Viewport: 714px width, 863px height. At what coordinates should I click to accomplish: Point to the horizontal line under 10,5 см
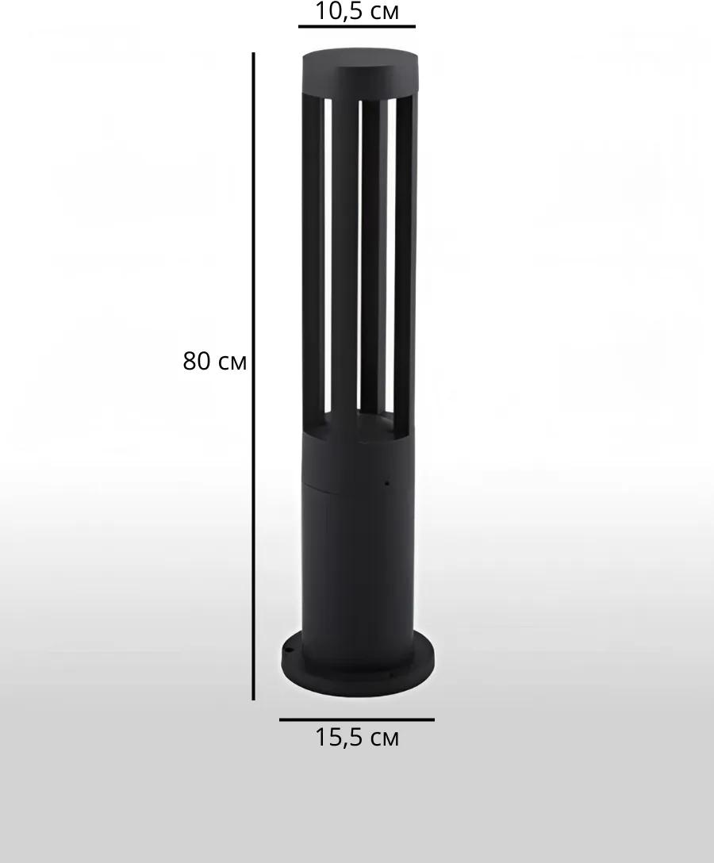[x=357, y=26]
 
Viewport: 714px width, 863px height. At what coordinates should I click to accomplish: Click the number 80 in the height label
[x=197, y=362]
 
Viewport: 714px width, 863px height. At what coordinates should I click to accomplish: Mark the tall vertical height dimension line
[x=253, y=377]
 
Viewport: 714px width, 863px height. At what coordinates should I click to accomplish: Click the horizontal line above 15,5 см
[x=357, y=719]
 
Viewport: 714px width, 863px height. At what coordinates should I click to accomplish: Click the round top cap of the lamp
[x=361, y=71]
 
